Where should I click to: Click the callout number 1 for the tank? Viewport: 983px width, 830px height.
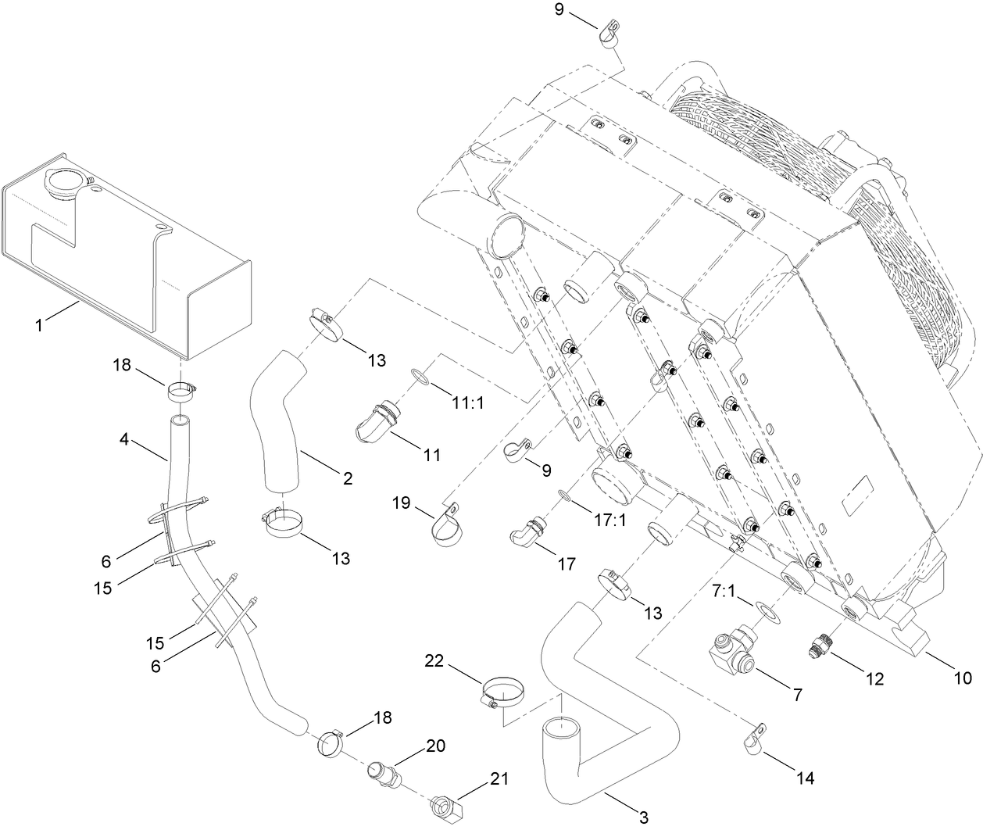pos(38,324)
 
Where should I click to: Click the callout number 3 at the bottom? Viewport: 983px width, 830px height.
pos(643,817)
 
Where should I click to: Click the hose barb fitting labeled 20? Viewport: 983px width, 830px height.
pos(384,774)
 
